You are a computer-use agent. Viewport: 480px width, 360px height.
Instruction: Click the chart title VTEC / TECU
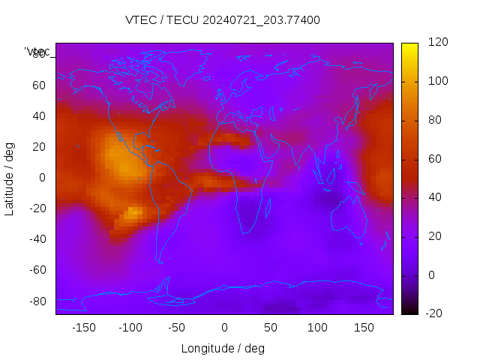pos(222,20)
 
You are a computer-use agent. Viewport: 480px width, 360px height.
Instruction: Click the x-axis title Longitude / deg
pos(223,348)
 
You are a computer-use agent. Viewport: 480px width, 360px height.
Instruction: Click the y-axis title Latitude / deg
pos(10,178)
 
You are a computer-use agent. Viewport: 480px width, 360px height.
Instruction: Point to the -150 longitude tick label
pos(84,328)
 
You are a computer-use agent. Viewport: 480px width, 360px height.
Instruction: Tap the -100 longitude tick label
pos(130,328)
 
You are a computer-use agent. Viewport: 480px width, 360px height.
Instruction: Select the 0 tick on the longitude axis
pos(224,328)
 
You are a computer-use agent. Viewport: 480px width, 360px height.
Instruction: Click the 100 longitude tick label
pos(317,328)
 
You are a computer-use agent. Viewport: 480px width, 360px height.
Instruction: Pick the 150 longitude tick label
pos(364,328)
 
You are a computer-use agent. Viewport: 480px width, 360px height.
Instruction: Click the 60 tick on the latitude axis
pos(39,85)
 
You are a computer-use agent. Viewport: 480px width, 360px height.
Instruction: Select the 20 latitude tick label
pos(39,147)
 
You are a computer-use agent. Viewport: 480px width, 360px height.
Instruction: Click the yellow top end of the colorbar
pos(409,46)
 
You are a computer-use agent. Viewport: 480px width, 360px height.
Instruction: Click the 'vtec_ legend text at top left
pos(37,52)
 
